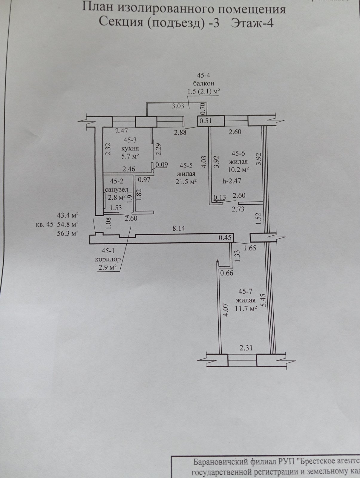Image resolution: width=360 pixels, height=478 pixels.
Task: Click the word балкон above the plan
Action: [x=203, y=84]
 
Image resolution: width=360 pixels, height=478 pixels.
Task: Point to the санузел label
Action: [x=117, y=189]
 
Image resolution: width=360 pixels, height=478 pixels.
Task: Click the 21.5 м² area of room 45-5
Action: [x=186, y=182]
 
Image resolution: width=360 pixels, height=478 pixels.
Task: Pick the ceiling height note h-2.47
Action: [x=232, y=180]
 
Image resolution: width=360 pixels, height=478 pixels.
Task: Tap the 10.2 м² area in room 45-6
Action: [x=238, y=170]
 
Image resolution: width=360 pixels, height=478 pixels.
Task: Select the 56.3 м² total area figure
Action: [x=68, y=234]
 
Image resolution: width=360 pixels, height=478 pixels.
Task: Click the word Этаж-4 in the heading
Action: [x=252, y=23]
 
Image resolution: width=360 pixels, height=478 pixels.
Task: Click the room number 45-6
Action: [x=238, y=154]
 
